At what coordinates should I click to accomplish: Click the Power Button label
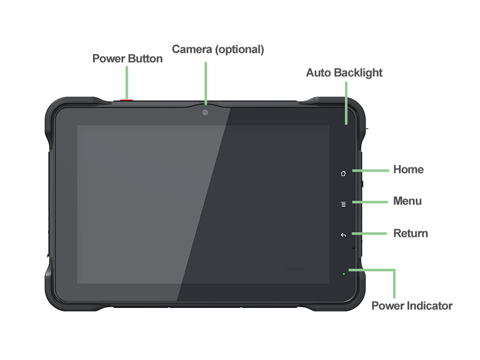coord(127,59)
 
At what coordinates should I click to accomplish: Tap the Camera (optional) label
coord(218,50)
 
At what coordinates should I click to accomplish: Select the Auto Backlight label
coord(344,73)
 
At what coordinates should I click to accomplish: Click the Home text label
coord(408,170)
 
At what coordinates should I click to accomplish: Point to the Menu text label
coord(407,201)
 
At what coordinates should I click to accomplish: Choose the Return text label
coord(410,233)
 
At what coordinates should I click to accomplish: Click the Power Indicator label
coord(412,306)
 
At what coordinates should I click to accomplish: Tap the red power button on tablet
coord(127,99)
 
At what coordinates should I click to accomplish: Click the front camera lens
coord(205,112)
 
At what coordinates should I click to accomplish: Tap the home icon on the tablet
coord(343,173)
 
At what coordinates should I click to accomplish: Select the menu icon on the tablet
coord(343,204)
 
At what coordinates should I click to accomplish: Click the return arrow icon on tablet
coord(343,235)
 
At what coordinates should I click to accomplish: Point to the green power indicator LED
coord(343,274)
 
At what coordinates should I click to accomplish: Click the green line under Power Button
coord(127,81)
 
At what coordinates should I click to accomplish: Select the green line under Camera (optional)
coord(205,83)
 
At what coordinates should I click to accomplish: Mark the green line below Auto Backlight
coord(346,103)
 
